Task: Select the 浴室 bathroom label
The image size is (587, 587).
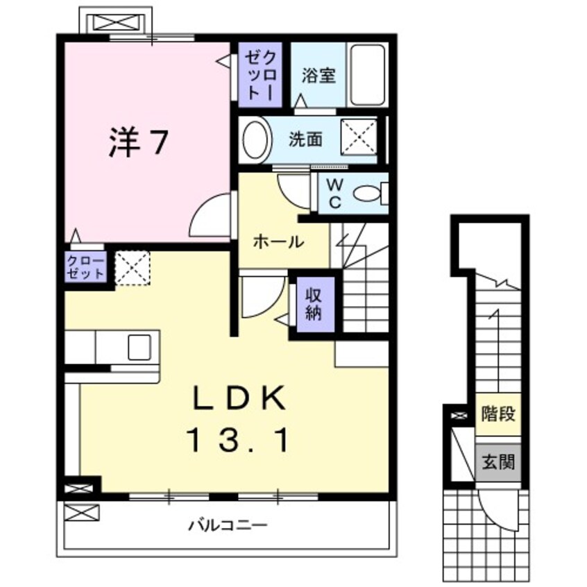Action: pyautogui.click(x=318, y=76)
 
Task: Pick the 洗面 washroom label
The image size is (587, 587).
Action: pyautogui.click(x=306, y=139)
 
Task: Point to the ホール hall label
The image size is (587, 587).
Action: pyautogui.click(x=278, y=242)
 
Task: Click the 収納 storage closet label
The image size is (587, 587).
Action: pyautogui.click(x=313, y=303)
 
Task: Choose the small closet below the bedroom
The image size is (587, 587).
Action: pyautogui.click(x=85, y=267)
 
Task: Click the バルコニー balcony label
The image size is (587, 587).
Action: pyautogui.click(x=227, y=525)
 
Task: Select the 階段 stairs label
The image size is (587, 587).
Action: pyautogui.click(x=498, y=415)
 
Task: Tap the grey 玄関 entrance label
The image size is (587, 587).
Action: pyautogui.click(x=498, y=459)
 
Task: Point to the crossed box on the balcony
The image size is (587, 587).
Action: pyautogui.click(x=81, y=513)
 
